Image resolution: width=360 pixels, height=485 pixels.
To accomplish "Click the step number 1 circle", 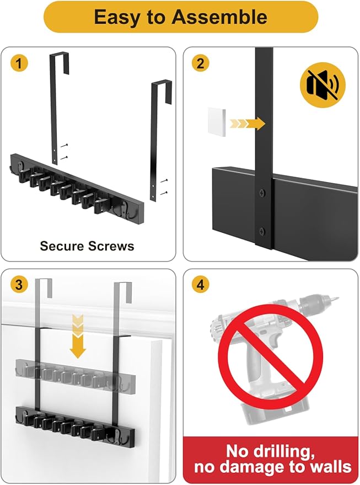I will (19, 63).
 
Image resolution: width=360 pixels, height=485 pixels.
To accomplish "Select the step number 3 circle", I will (19, 285).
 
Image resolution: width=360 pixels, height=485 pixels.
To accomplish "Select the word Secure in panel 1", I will (61, 246).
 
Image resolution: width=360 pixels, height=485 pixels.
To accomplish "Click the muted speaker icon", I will (323, 87).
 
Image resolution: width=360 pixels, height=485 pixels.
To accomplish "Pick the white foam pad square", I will (218, 122).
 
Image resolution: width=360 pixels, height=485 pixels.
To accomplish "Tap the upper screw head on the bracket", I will (261, 194).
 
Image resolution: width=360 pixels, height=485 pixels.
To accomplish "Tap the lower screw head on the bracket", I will (261, 230).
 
